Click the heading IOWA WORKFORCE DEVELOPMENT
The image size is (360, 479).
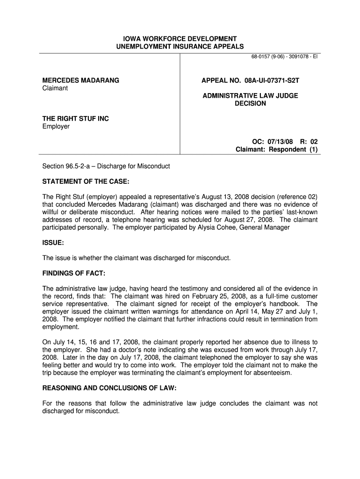180,38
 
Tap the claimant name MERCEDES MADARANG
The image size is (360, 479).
81,80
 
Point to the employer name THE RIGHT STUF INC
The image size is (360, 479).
76,119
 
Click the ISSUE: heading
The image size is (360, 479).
53,243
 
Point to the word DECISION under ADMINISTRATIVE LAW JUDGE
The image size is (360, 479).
250,103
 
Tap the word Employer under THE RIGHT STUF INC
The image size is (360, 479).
56,126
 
